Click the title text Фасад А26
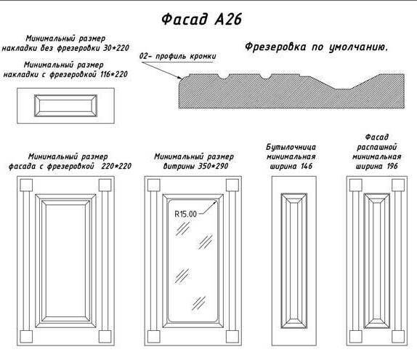[201, 19]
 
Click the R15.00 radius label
[186, 214]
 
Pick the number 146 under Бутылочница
[307, 166]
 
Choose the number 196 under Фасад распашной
[392, 167]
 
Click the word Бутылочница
[291, 147]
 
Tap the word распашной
[377, 147]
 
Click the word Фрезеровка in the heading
[275, 47]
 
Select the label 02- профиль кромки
[178, 57]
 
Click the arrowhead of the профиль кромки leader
[180, 78]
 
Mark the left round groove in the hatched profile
[224, 76]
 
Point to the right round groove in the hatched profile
[265, 76]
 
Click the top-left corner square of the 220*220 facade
[26, 185]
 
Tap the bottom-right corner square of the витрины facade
[232, 337]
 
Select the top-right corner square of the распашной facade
[398, 185]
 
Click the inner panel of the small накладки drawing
[65, 105]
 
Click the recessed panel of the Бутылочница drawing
[294, 260]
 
